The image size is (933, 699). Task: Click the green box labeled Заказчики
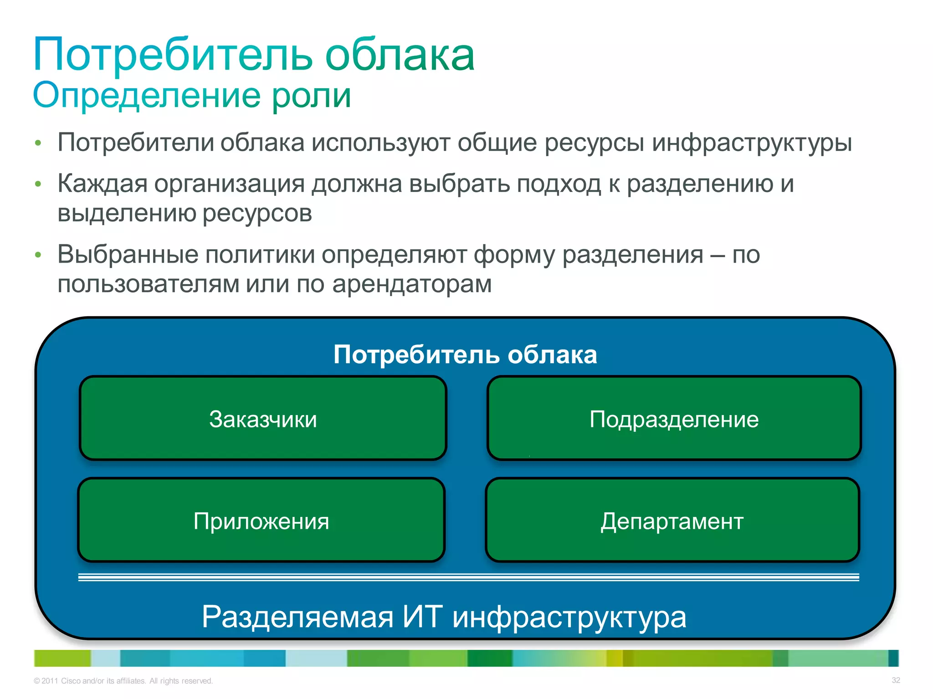click(x=263, y=418)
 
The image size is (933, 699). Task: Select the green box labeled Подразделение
click(x=674, y=418)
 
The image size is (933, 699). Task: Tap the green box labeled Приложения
click(x=261, y=520)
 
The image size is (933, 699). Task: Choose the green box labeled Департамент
click(x=672, y=520)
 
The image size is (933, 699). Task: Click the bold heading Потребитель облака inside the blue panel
click(x=465, y=355)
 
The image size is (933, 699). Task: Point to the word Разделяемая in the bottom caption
click(x=297, y=618)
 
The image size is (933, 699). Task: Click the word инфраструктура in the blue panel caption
click(x=569, y=618)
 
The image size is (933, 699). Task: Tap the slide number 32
click(x=896, y=680)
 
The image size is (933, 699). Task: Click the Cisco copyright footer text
click(x=123, y=681)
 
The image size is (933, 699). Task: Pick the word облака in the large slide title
click(x=400, y=56)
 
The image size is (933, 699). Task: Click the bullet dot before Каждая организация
click(x=38, y=184)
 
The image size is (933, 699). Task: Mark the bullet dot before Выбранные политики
click(x=38, y=255)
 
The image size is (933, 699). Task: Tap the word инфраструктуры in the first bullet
click(x=752, y=143)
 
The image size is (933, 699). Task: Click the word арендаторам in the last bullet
click(x=412, y=284)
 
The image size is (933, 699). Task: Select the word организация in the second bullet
click(x=229, y=184)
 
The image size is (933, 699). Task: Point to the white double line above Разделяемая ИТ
click(x=468, y=577)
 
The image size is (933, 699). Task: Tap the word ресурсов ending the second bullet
click(x=257, y=213)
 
